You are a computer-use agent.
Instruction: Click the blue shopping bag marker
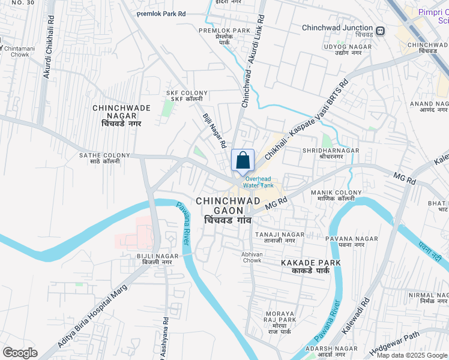(x=243, y=161)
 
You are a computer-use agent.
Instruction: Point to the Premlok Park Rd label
(x=161, y=13)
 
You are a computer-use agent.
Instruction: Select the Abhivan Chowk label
(x=252, y=257)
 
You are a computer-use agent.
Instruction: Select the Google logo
(x=20, y=353)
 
